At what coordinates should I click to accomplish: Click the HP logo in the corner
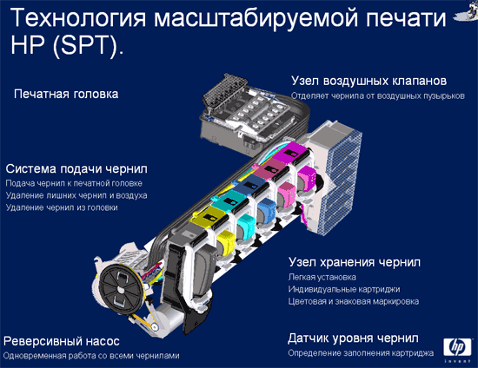[x=457, y=350]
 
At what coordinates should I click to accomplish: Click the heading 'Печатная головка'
[x=66, y=94]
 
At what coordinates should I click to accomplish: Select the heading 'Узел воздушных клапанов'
[x=368, y=81]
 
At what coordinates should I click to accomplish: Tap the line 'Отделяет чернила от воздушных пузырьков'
[x=378, y=95]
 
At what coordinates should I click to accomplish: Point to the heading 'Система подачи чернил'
[x=76, y=169]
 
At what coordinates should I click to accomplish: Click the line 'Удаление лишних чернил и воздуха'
[x=76, y=195]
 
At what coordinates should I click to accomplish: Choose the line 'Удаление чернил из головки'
[x=62, y=207]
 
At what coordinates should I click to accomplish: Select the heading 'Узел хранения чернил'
[x=355, y=262]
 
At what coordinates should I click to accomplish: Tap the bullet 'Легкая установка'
[x=322, y=277]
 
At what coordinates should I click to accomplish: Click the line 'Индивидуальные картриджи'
[x=344, y=289]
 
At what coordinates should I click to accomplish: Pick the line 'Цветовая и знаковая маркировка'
[x=354, y=301]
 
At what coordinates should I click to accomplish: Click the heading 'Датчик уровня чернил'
[x=353, y=338]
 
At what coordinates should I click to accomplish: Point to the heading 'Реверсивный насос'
[x=62, y=341]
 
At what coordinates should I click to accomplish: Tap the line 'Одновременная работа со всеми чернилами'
[x=91, y=356]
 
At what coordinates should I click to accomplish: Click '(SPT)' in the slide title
[x=89, y=46]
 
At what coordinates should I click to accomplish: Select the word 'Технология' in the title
[x=78, y=18]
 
